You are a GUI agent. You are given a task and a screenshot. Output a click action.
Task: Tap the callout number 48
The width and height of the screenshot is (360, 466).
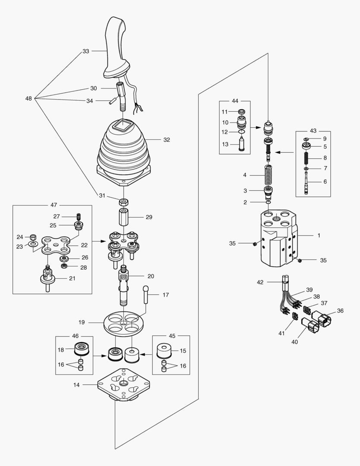click(28, 98)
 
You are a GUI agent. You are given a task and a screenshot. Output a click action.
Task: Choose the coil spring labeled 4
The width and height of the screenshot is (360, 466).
click(269, 176)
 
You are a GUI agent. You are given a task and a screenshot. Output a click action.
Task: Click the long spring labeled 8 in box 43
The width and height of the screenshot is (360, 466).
click(307, 158)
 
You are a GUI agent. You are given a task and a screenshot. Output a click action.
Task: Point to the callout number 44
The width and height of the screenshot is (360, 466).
click(235, 101)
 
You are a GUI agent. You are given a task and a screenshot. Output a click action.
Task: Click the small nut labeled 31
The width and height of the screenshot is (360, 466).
click(124, 201)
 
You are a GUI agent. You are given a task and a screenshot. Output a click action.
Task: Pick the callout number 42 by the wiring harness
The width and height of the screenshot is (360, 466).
click(260, 282)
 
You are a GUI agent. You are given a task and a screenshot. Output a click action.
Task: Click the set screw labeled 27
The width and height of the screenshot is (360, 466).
click(79, 216)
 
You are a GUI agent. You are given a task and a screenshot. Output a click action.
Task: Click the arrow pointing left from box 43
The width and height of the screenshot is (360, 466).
click(282, 152)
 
